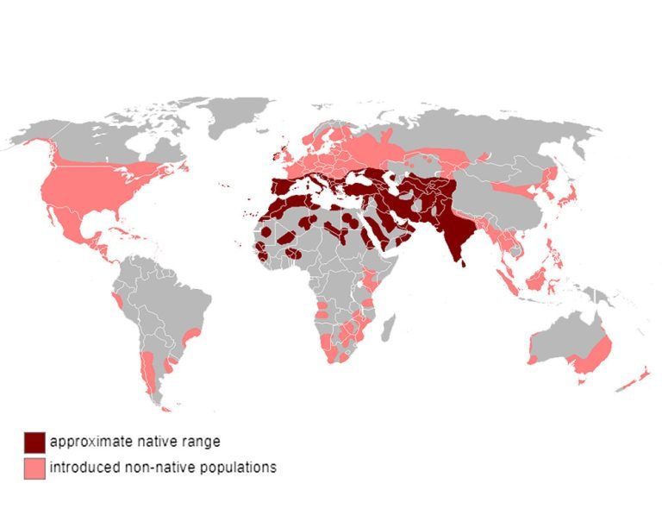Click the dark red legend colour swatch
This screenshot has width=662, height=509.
pos(34,442)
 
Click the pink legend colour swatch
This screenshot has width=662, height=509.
pos(34,468)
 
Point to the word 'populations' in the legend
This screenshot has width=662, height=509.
pos(240,468)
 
